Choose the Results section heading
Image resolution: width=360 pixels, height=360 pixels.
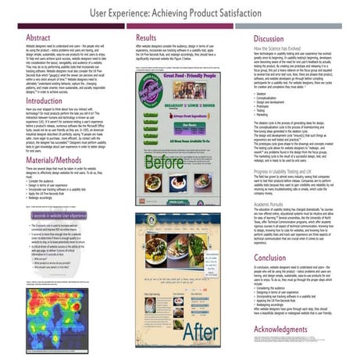pos(150,37)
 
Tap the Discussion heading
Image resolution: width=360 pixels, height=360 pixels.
pos(269,38)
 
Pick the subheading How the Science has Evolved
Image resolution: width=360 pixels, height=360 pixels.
pos(286,48)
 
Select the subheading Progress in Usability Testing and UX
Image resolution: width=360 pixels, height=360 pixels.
pos(296,171)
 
